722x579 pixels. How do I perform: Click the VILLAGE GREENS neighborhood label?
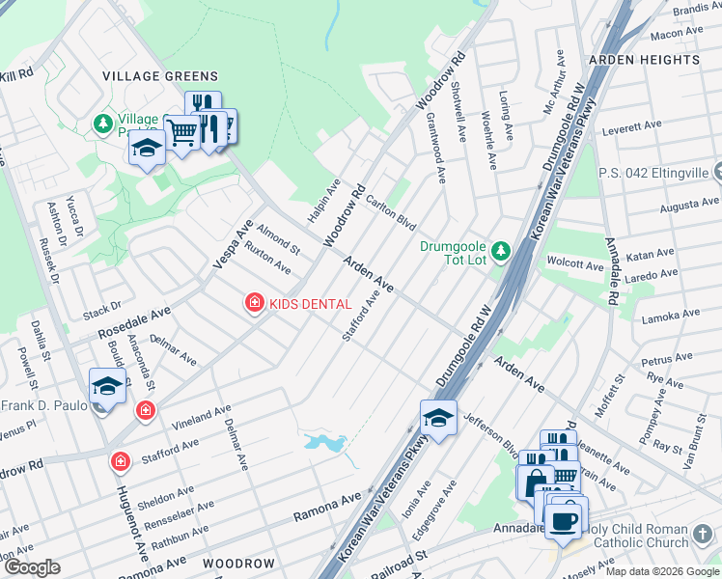tap(160, 76)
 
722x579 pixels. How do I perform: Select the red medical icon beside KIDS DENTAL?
tap(255, 304)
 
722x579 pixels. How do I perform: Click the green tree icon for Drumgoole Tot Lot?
tap(500, 252)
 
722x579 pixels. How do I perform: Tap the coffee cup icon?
tap(565, 518)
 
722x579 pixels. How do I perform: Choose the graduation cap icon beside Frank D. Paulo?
tap(107, 386)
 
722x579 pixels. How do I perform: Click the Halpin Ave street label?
tap(323, 201)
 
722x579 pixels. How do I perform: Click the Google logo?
tap(31, 567)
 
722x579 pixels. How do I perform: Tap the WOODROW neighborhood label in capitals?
tap(239, 563)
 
